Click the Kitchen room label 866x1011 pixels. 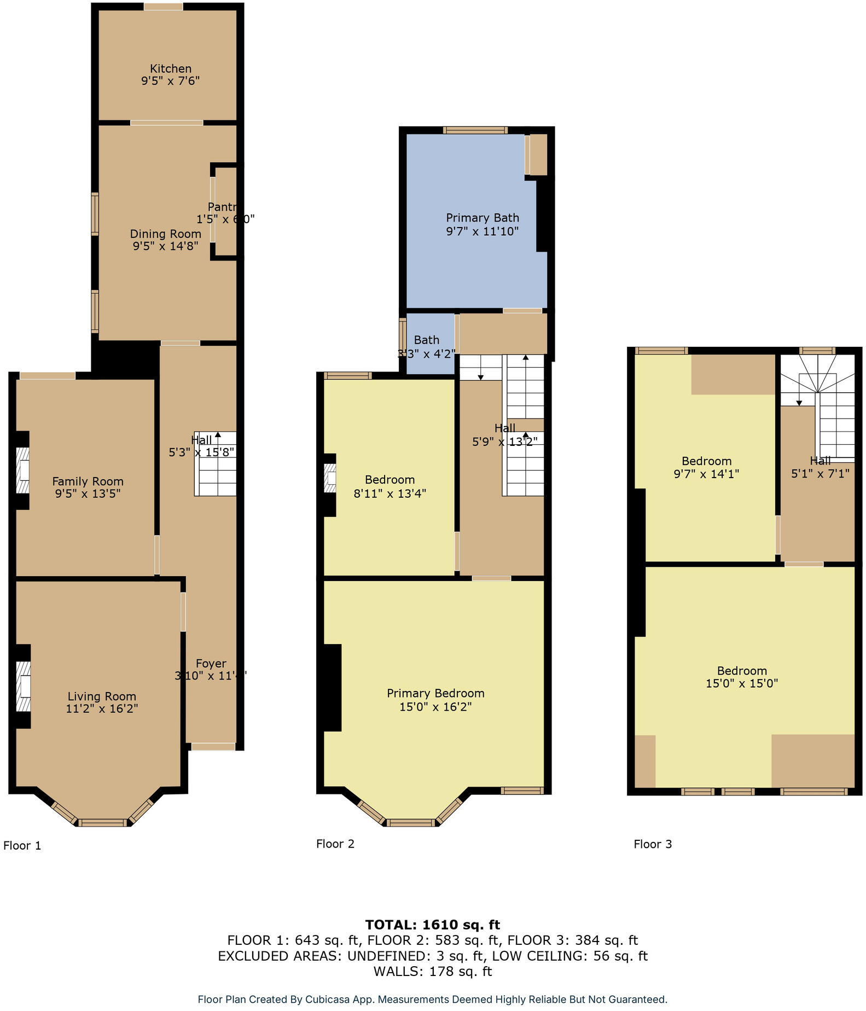coord(171,68)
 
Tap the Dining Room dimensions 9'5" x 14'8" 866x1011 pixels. coord(165,246)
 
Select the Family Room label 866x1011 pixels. coord(88,481)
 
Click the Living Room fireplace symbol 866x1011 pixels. coord(23,686)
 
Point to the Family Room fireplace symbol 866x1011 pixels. coord(22,471)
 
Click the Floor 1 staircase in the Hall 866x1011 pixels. coord(216,464)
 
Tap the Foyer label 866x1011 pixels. coord(211,664)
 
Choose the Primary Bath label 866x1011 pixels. coord(482,218)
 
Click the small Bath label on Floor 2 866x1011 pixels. coord(426,340)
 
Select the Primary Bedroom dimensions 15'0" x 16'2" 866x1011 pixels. coord(435,707)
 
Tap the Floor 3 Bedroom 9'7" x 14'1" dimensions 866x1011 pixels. coord(706,474)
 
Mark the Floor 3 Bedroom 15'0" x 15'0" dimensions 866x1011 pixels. coord(741,683)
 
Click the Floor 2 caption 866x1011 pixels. coord(335,844)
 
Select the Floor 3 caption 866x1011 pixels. coord(653,844)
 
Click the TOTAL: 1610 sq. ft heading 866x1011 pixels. coord(432,925)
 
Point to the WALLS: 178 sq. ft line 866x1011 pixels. coord(432,972)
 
